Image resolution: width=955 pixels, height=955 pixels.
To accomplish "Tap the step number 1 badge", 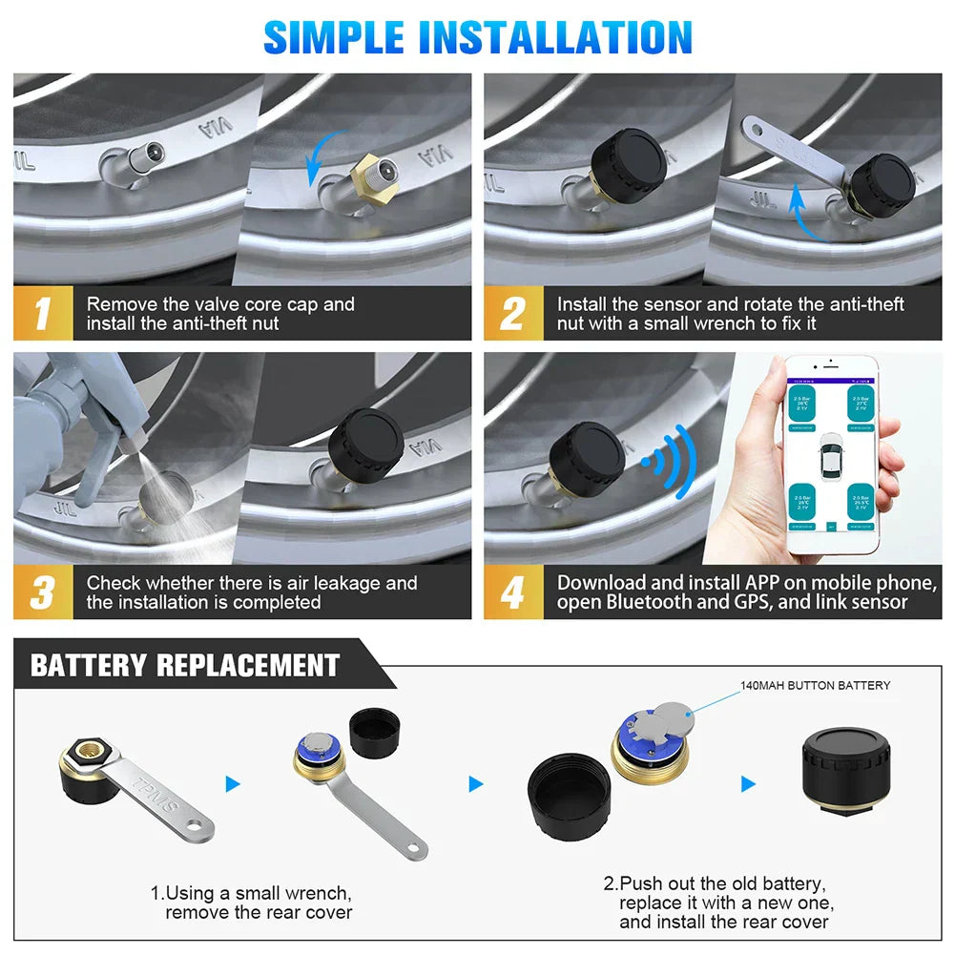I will tap(42, 314).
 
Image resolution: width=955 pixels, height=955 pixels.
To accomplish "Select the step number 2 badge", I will tap(512, 314).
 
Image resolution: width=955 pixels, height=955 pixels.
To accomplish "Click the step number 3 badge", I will tap(42, 592).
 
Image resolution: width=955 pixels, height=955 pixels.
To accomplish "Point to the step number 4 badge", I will tap(512, 592).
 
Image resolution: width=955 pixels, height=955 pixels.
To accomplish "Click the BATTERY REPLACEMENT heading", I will tap(185, 665).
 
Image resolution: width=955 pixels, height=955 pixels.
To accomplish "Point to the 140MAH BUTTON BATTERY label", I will tap(815, 685).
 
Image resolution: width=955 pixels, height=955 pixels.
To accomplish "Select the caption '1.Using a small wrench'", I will tap(251, 893).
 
